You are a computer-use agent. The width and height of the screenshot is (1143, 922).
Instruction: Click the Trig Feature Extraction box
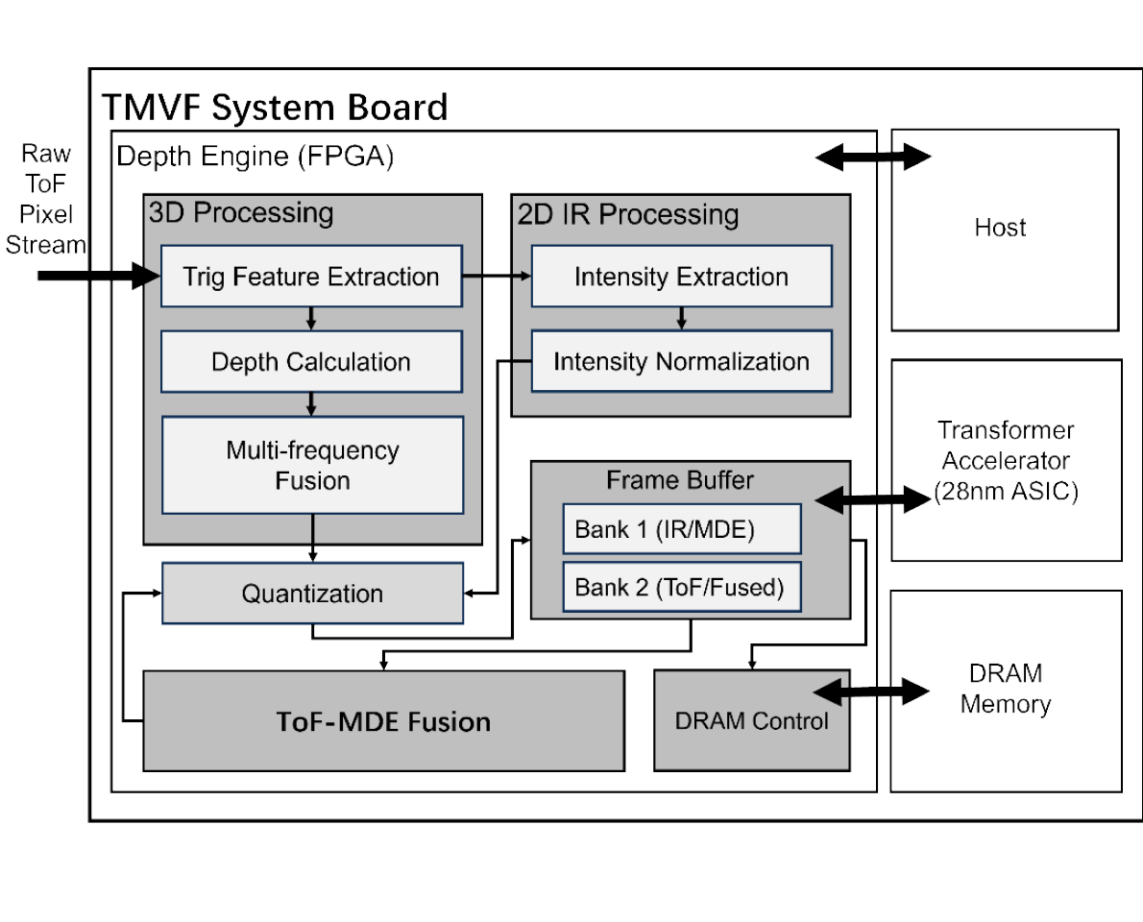[x=311, y=277]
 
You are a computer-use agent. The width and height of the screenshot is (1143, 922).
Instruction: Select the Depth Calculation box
[x=311, y=362]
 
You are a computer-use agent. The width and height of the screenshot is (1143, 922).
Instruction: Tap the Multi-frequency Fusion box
[x=311, y=465]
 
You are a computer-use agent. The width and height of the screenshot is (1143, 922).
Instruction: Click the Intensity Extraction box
[x=681, y=277]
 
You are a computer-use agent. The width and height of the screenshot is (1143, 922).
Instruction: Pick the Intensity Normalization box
[x=681, y=362]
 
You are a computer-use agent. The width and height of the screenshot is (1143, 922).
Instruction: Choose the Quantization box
[x=311, y=594]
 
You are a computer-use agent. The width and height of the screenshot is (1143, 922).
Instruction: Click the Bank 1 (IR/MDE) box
[x=681, y=529]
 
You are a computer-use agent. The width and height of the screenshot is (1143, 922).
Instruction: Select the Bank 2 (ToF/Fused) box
[x=681, y=588]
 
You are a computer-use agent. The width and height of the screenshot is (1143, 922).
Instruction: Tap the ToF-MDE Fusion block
[x=383, y=721]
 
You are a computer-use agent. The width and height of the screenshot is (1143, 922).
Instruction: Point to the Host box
[x=1004, y=230]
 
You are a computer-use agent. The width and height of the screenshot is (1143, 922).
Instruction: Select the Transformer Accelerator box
[x=1006, y=461]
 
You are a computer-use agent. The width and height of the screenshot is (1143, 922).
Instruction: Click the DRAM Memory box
[x=1006, y=691]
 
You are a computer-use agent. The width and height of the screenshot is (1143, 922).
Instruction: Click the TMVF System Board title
[x=275, y=107]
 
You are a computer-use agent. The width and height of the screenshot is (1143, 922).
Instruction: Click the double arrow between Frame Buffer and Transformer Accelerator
[x=872, y=498]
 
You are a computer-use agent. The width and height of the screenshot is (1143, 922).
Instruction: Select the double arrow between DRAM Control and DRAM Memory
[x=872, y=691]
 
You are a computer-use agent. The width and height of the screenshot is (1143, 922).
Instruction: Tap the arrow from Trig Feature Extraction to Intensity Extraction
[x=497, y=277]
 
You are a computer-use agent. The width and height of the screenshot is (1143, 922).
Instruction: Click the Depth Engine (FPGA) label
[x=255, y=157]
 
